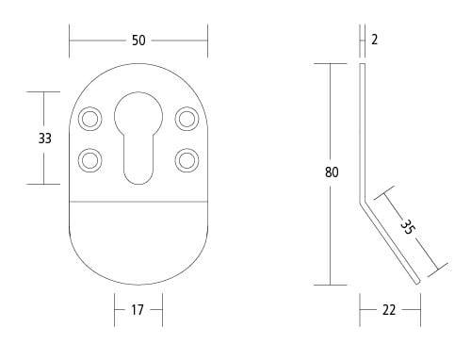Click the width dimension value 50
point(138,41)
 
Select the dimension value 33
point(44,138)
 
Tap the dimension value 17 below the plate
point(138,309)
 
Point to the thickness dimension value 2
point(374,40)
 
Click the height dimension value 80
point(332,172)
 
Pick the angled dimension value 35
point(407,226)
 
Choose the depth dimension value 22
point(389,309)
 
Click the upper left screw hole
point(90,118)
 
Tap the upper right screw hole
point(187,118)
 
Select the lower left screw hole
point(90,159)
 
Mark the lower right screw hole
point(187,159)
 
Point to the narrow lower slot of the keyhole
point(138,160)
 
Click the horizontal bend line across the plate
point(138,202)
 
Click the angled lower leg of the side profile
point(389,239)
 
